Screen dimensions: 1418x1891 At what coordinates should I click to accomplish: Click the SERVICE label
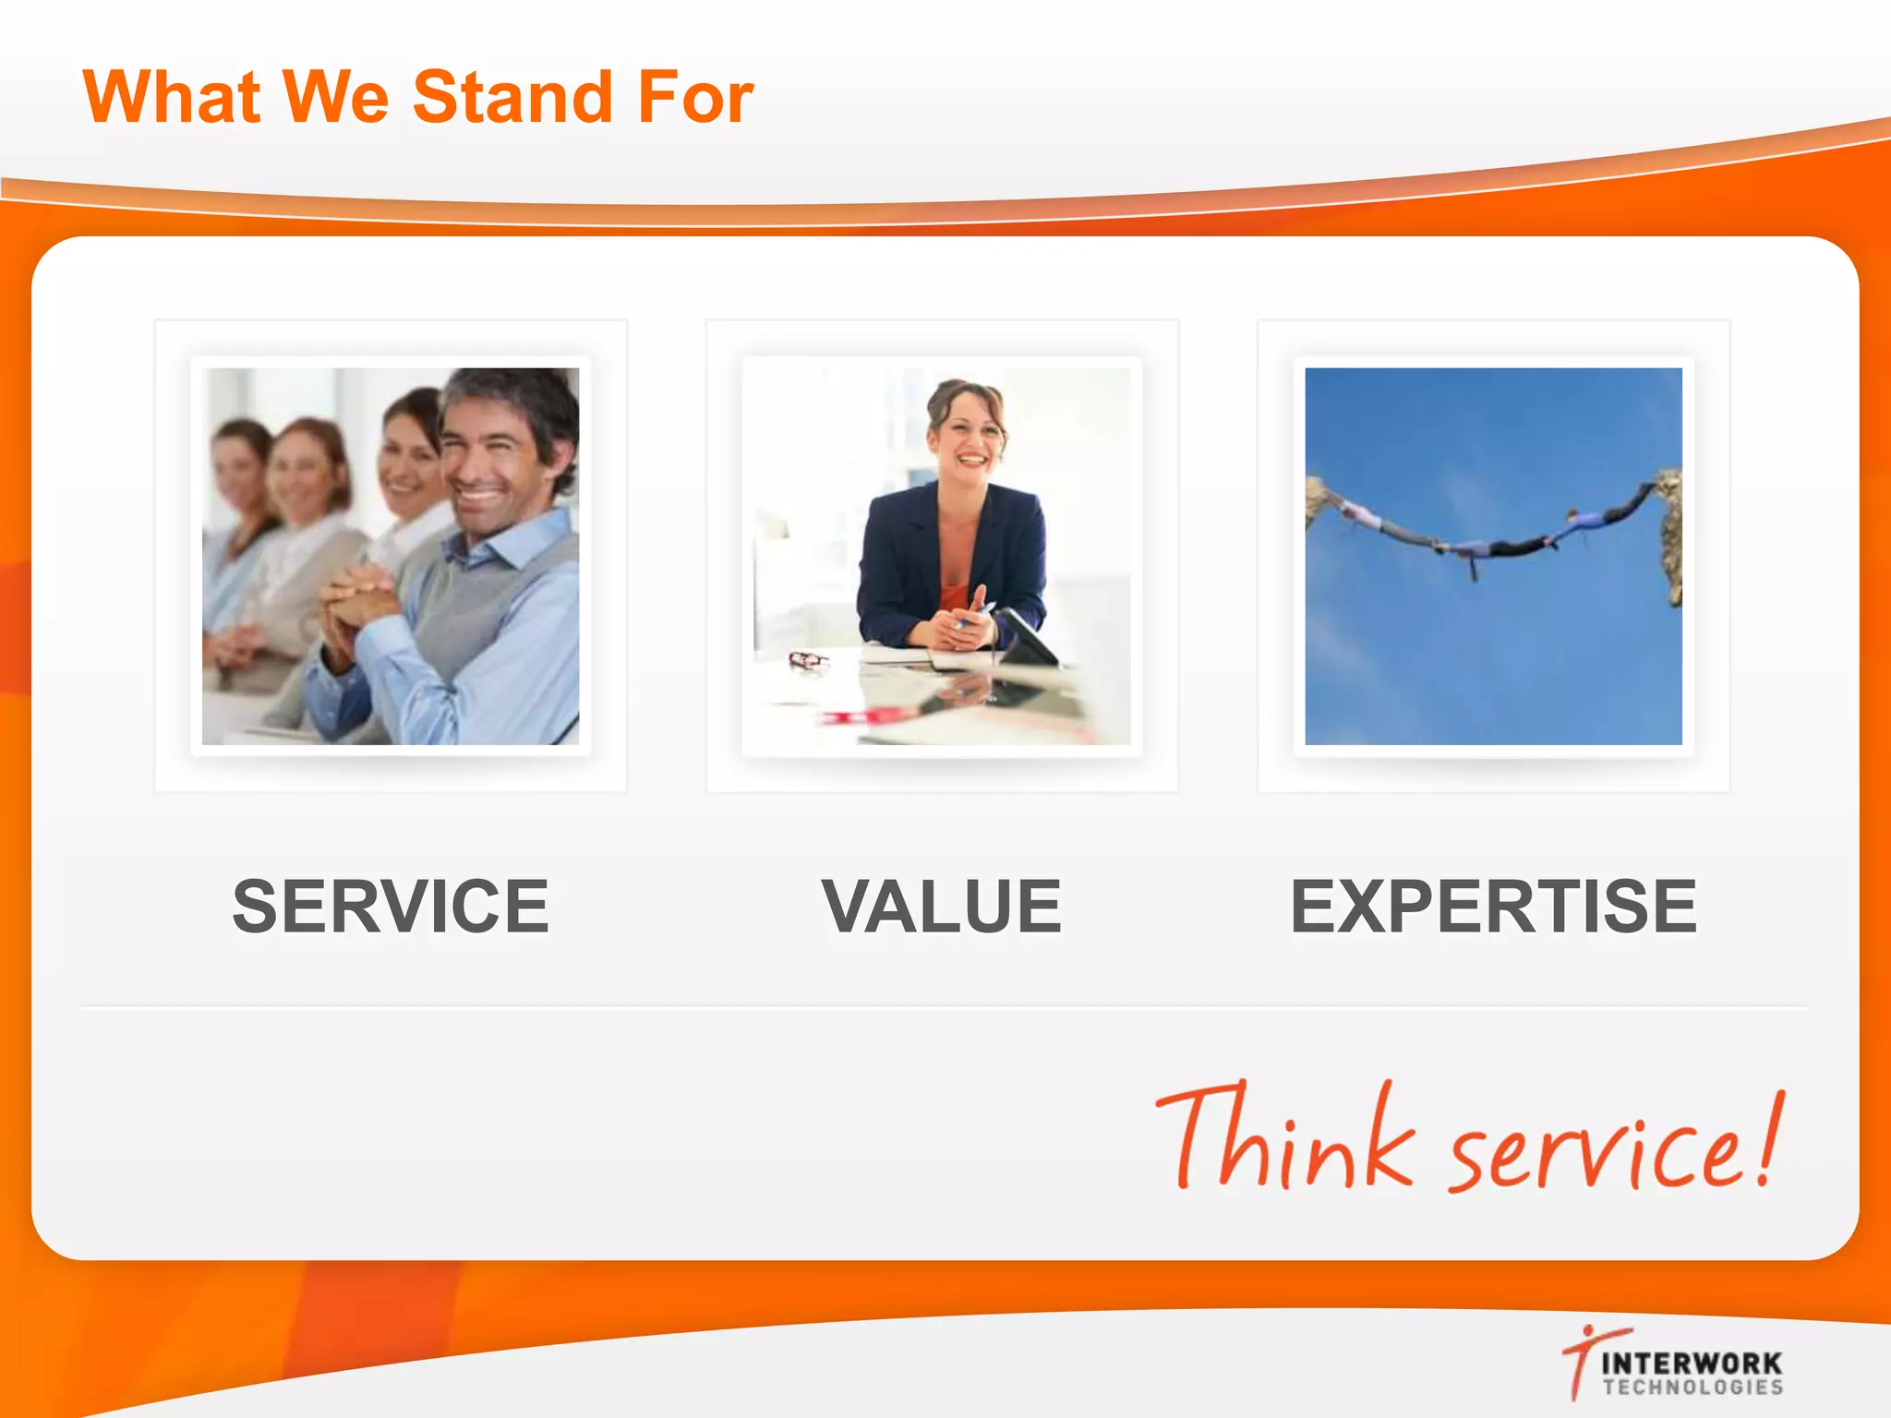click(x=391, y=907)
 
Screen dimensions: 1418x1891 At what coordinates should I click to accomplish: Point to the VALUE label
click(x=942, y=907)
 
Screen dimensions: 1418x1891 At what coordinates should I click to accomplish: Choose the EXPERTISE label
click(x=1493, y=907)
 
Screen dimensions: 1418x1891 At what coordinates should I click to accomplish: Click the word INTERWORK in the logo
click(x=1692, y=1363)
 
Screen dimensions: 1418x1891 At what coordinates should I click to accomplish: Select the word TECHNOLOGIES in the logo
click(x=1692, y=1387)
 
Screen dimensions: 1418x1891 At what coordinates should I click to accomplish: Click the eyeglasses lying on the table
click(x=809, y=660)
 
